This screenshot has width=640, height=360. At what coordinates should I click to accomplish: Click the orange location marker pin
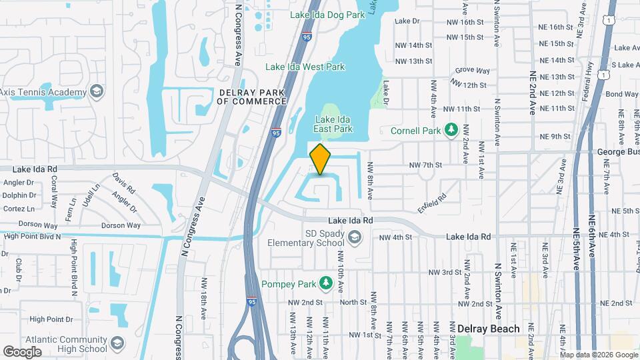pyautogui.click(x=320, y=159)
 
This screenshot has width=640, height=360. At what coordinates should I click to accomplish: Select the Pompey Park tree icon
pyautogui.click(x=326, y=284)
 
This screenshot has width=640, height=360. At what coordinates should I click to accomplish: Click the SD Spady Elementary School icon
pyautogui.click(x=355, y=237)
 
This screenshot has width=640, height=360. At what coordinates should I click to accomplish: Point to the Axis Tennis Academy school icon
pyautogui.click(x=96, y=91)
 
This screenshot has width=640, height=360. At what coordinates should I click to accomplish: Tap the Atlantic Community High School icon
pyautogui.click(x=117, y=344)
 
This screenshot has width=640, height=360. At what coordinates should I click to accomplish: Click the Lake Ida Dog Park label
pyautogui.click(x=326, y=15)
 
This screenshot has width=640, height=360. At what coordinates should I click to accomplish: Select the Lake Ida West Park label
pyautogui.click(x=305, y=67)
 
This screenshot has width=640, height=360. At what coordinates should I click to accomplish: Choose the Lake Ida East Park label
pyautogui.click(x=333, y=125)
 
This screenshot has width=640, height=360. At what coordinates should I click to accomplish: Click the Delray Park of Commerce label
pyautogui.click(x=252, y=97)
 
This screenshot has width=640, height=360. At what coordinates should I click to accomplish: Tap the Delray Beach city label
pyautogui.click(x=489, y=329)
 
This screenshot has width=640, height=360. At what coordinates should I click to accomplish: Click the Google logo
pyautogui.click(x=22, y=351)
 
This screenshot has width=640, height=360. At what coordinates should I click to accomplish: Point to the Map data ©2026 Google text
pyautogui.click(x=599, y=355)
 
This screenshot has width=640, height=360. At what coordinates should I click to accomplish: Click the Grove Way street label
pyautogui.click(x=472, y=70)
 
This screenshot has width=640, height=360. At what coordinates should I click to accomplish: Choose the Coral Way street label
pyautogui.click(x=55, y=186)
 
